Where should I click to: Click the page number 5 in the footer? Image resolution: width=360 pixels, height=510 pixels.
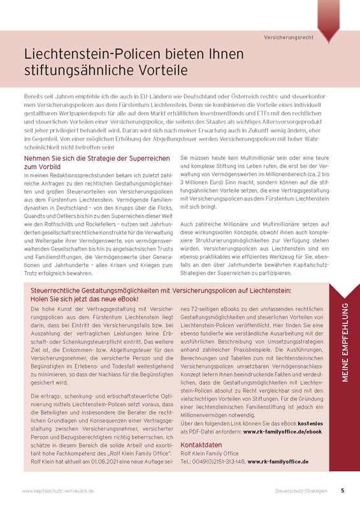coord(342,491)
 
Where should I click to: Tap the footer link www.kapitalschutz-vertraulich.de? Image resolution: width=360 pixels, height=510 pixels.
coord(59,492)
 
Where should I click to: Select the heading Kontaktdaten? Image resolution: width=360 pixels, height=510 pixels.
coord(201,444)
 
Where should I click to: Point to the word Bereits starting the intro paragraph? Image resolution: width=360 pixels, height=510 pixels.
coord(33,94)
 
